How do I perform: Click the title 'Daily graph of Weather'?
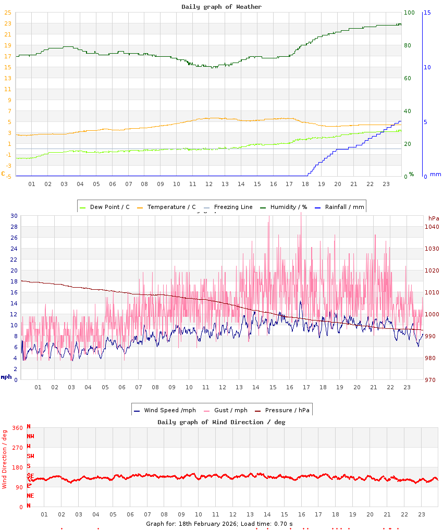tap(221, 7)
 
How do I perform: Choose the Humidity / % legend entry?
tap(284, 207)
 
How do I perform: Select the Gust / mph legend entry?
tap(228, 410)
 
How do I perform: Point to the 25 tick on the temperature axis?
tap(8, 13)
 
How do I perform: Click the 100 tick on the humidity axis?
tap(409, 13)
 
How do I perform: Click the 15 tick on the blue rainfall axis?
tap(427, 13)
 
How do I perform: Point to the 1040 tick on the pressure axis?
tap(432, 227)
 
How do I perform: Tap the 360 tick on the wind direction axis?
tap(17, 428)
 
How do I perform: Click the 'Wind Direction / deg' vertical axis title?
tap(5, 459)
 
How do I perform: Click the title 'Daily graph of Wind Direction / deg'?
tap(221, 422)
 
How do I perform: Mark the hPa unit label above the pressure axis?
tap(434, 218)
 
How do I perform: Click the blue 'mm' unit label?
tap(435, 174)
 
